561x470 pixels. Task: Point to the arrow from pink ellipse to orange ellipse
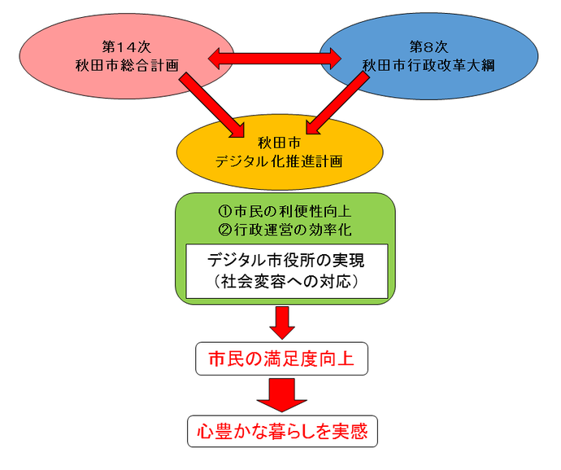click(211, 103)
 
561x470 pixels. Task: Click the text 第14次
click(120, 46)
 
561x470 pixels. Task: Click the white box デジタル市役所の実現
click(286, 261)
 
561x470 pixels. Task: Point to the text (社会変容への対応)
click(286, 283)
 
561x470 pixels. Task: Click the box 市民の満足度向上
click(282, 359)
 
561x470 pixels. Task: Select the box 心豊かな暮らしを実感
click(282, 431)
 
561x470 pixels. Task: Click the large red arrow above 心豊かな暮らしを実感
click(281, 396)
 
